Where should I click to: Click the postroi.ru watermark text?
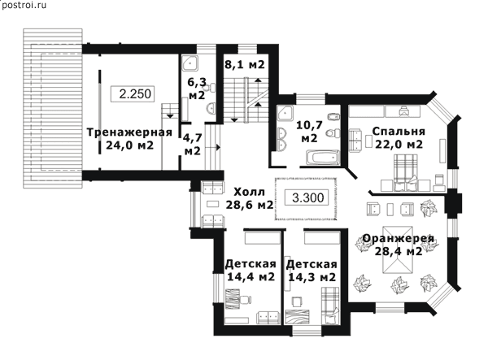24,6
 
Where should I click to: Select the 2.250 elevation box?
133,93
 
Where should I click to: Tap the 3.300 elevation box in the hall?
307,197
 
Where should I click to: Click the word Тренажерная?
129,132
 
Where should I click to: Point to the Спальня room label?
399,132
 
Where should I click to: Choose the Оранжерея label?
399,238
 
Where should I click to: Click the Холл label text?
250,192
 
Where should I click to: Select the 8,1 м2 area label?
245,65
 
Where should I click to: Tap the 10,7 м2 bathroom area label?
309,132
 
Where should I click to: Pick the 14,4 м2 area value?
251,276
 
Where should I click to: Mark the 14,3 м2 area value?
312,276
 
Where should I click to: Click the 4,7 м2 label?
193,145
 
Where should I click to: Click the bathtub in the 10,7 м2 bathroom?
322,158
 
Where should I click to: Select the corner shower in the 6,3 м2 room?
190,63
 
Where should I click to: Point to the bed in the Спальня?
405,172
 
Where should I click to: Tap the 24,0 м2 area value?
129,145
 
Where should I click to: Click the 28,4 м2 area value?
399,251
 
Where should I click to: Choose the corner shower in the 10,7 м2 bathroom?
285,114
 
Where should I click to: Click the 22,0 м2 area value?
399,145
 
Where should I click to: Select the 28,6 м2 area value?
250,205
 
